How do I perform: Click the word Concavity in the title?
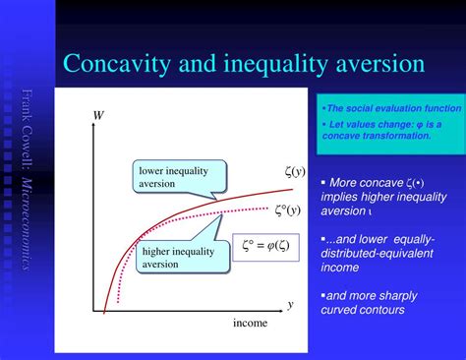(105, 64)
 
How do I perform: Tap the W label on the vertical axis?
(98, 116)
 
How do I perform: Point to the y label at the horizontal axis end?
(291, 304)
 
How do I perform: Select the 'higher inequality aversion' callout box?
(178, 257)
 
